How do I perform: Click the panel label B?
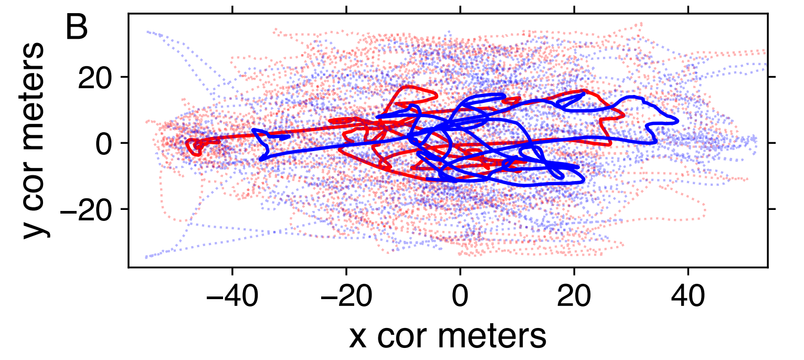[77, 29]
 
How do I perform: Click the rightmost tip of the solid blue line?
[678, 121]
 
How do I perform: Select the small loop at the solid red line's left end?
[195, 147]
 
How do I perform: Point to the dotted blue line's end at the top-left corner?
[148, 31]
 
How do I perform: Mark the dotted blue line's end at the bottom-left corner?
[146, 257]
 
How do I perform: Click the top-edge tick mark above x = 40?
[689, 10]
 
